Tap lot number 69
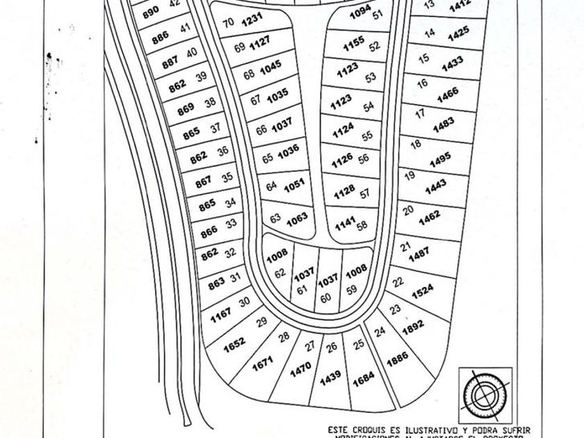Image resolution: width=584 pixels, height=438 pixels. (x=239, y=48)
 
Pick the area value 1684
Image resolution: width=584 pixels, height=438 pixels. (x=364, y=381)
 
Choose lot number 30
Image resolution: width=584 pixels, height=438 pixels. (x=244, y=302)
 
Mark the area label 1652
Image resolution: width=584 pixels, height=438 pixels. (x=234, y=343)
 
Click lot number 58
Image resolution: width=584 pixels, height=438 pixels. (x=362, y=225)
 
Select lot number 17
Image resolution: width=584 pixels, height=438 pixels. (x=419, y=113)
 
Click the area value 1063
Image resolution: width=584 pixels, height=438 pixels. (x=297, y=218)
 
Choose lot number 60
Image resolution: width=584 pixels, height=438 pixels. (x=325, y=298)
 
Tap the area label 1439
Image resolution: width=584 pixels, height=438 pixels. (x=330, y=378)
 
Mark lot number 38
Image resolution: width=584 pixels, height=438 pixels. (x=210, y=103)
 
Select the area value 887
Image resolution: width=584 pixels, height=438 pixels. (x=170, y=63)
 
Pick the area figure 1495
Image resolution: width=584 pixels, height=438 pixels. (x=440, y=160)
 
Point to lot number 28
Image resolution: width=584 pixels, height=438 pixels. (x=284, y=337)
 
